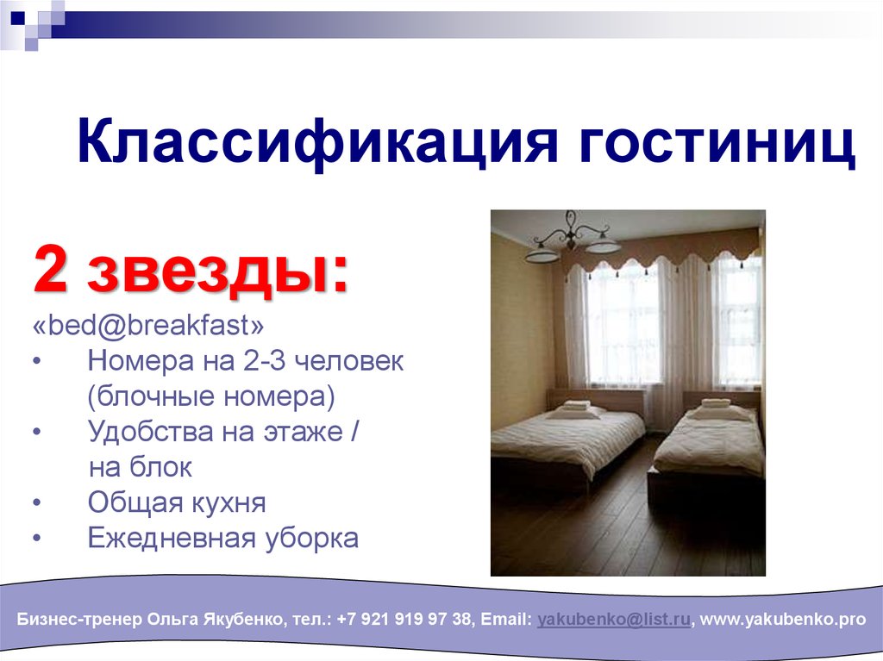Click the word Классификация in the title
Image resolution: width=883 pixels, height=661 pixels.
point(317,141)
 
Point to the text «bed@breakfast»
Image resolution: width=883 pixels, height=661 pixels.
point(148,325)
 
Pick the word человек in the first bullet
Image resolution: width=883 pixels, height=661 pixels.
point(349,361)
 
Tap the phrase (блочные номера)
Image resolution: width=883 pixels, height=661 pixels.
point(211,396)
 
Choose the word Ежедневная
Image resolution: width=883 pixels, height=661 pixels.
point(172,538)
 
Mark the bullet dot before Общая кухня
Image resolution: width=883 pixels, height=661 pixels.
point(37,502)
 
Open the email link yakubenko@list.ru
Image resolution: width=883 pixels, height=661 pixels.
point(614,620)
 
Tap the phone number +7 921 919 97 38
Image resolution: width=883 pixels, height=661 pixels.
point(404,620)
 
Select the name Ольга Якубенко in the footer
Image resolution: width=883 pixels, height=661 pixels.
point(215,620)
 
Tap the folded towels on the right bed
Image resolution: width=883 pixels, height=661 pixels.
point(717,405)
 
